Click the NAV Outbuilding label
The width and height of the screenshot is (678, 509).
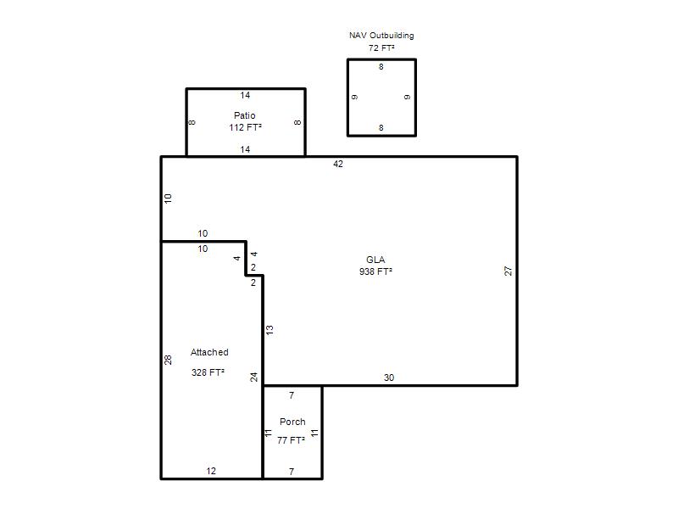[381, 36]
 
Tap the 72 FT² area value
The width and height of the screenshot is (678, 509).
[381, 48]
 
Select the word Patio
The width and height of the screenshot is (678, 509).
[245, 115]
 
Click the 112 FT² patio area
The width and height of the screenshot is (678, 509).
[245, 127]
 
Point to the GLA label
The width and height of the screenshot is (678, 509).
[375, 260]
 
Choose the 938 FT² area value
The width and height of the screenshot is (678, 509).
[375, 271]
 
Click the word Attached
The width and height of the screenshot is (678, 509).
[209, 352]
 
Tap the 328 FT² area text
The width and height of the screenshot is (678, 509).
[208, 372]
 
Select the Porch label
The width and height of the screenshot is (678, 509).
[292, 422]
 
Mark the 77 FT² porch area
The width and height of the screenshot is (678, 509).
[291, 440]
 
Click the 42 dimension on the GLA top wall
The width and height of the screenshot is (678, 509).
[338, 164]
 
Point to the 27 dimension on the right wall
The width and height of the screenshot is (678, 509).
[508, 271]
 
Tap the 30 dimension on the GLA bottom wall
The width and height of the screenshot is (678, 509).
[389, 378]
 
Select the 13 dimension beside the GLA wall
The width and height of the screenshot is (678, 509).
[270, 330]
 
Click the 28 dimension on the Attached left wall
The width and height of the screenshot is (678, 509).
[168, 360]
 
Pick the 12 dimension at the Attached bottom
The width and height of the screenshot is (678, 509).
[211, 471]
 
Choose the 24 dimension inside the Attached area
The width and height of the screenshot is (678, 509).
[253, 377]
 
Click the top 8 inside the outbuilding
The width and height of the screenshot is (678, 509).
[381, 67]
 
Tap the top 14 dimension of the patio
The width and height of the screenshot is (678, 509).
[245, 95]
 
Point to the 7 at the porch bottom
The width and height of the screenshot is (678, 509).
[292, 472]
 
